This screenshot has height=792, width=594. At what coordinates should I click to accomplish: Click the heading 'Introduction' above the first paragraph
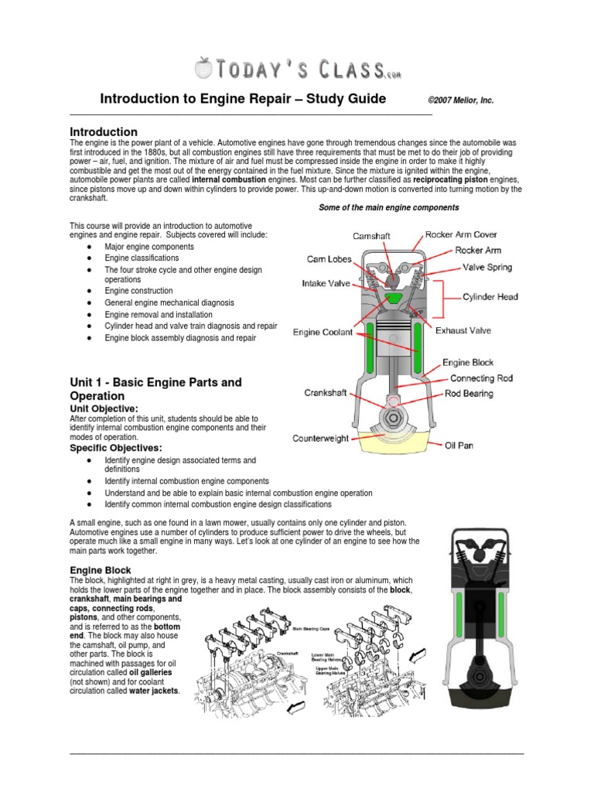tap(104, 132)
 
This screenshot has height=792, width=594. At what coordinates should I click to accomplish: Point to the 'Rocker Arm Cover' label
tap(461, 234)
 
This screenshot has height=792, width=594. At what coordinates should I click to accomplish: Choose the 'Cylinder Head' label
tap(490, 297)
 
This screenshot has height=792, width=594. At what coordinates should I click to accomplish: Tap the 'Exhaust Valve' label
tap(463, 331)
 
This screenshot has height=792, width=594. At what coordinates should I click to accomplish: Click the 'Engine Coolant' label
tap(323, 333)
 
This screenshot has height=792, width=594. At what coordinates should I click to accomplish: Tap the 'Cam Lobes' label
tap(329, 259)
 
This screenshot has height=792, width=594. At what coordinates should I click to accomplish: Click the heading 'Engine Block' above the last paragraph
tap(101, 570)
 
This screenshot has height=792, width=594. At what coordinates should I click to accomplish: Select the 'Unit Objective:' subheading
tap(104, 408)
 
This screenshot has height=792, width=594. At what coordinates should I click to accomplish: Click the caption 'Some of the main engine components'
tap(389, 207)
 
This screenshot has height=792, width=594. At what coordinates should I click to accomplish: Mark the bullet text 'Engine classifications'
tap(142, 258)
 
